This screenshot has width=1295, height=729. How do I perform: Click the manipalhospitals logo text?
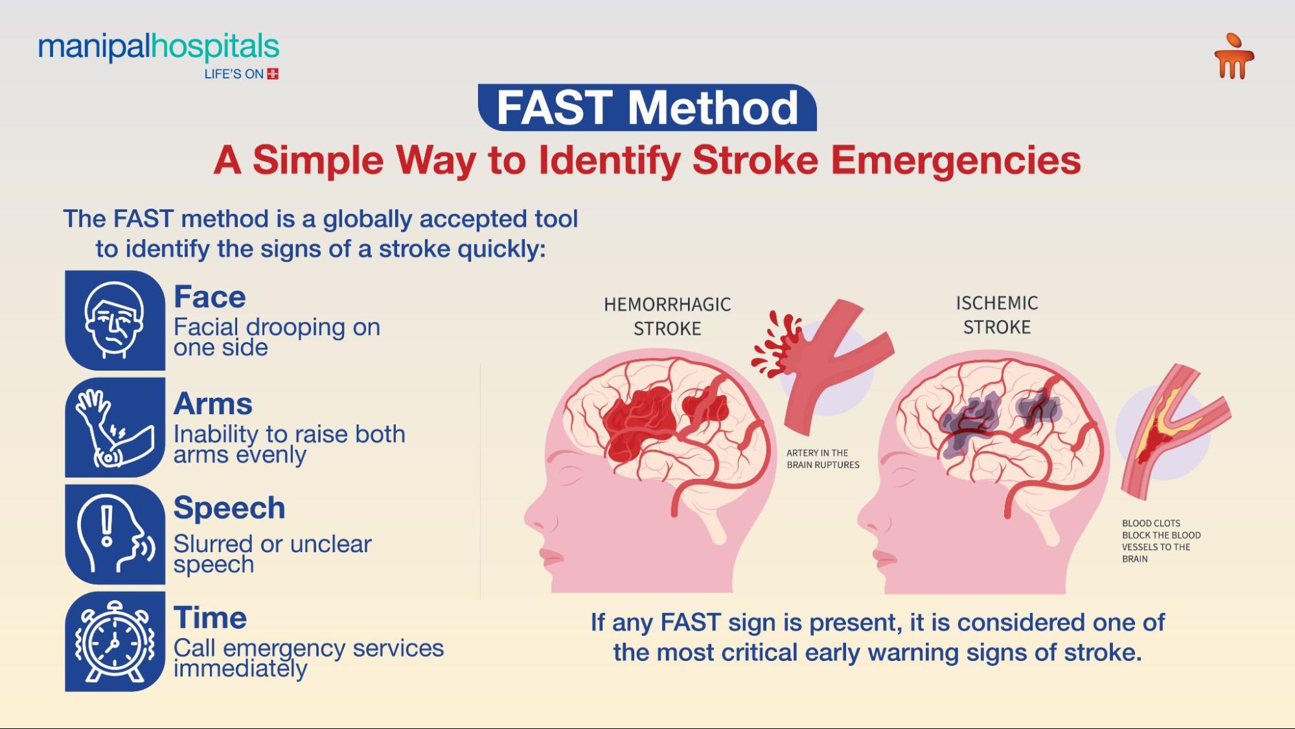pyautogui.click(x=159, y=48)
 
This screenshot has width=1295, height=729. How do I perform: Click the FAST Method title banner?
pyautogui.click(x=647, y=108)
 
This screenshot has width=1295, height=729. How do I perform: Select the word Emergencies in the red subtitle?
pyautogui.click(x=956, y=160)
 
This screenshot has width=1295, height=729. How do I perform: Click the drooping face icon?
pyautogui.click(x=115, y=321)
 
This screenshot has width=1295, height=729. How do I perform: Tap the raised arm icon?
pyautogui.click(x=115, y=428)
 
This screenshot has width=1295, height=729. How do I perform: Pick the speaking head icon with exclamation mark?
pyautogui.click(x=115, y=535)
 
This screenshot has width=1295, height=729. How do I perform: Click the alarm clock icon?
pyautogui.click(x=115, y=642)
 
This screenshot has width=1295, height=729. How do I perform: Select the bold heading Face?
pyautogui.click(x=210, y=297)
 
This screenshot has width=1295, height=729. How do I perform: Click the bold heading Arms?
pyautogui.click(x=213, y=404)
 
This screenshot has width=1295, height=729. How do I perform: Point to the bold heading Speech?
pyautogui.click(x=229, y=508)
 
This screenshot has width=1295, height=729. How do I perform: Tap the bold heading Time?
pyautogui.click(x=210, y=618)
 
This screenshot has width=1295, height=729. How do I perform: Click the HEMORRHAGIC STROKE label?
pyautogui.click(x=667, y=316)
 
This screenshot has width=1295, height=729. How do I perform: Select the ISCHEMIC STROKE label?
pyautogui.click(x=997, y=315)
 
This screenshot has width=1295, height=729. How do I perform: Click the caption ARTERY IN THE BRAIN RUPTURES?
pyautogui.click(x=823, y=459)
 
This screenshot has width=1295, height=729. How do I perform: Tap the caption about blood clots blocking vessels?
pyautogui.click(x=1161, y=541)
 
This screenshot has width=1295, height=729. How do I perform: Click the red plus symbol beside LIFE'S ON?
pyautogui.click(x=273, y=74)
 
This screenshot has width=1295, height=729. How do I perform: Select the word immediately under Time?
pyautogui.click(x=240, y=669)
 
